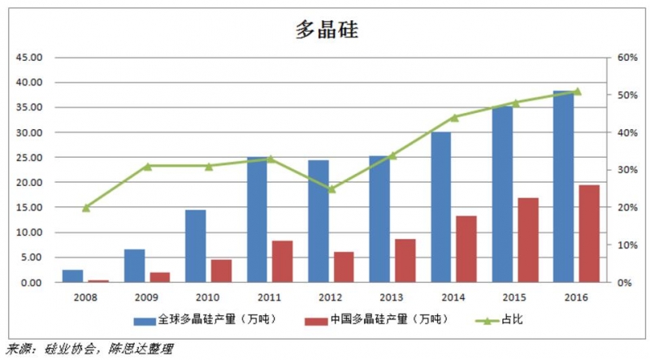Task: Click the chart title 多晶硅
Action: (x=325, y=30)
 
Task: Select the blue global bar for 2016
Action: (x=564, y=187)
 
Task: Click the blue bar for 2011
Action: (x=257, y=219)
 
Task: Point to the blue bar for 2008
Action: (x=72, y=275)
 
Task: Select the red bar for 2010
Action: (x=221, y=271)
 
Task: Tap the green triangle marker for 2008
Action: (x=86, y=207)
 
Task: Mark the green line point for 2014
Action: (x=454, y=117)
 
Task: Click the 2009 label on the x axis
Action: (x=147, y=298)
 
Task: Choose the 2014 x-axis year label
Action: (x=453, y=298)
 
